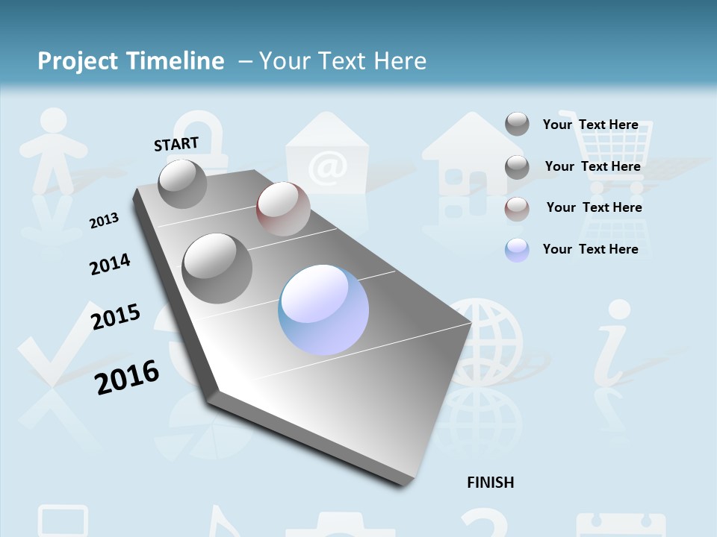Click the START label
[x=176, y=144]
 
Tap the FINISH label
[x=490, y=483]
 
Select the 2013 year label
[x=104, y=221]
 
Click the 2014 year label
[x=110, y=264]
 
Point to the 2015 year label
[x=116, y=317]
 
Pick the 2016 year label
[x=127, y=377]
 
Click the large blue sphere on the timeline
[x=323, y=310]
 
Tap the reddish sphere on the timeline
[x=283, y=209]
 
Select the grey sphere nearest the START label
[x=182, y=183]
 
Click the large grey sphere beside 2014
[x=217, y=268]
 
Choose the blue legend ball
[x=517, y=250]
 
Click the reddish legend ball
[x=517, y=209]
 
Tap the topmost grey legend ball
[x=517, y=125]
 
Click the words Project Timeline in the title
[x=131, y=61]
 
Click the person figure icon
[x=52, y=149]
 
